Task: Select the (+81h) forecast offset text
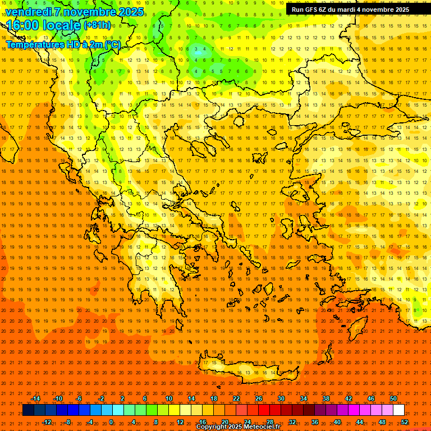(97, 25)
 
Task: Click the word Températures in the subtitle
(34, 44)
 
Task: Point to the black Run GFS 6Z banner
(350, 10)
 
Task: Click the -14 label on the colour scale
(36, 398)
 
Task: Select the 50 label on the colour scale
(393, 398)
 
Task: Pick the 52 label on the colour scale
(405, 422)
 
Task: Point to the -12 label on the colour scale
(47, 422)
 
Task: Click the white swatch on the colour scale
(399, 410)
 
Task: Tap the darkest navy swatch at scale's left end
(28, 410)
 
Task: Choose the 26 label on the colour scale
(258, 398)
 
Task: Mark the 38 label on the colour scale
(326, 398)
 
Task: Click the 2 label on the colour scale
(122, 398)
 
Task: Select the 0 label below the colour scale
(111, 422)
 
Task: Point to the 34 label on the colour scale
(304, 398)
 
